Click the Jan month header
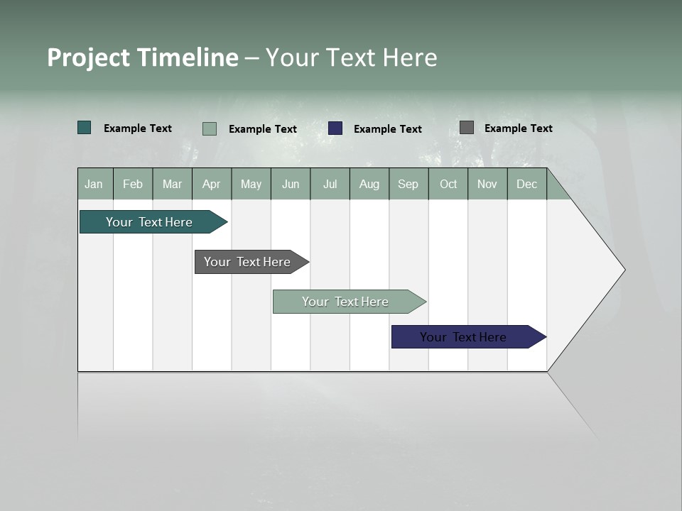(x=94, y=184)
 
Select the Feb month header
(x=133, y=184)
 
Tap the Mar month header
(x=172, y=184)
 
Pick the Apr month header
(x=212, y=184)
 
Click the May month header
(x=251, y=184)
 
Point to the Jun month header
(x=291, y=184)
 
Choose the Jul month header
(x=330, y=184)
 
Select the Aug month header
(x=369, y=184)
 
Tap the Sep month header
(x=408, y=184)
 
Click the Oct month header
(x=448, y=184)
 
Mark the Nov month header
(x=487, y=184)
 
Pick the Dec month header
(x=527, y=184)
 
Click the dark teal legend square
(x=85, y=128)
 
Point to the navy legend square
(x=335, y=128)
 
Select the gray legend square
(x=467, y=128)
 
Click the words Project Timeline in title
(x=143, y=57)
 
